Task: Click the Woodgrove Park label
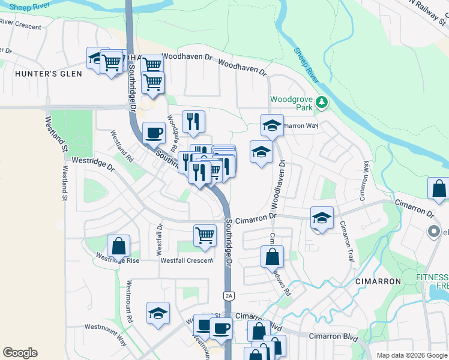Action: (x=292, y=103)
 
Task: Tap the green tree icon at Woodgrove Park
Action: (x=322, y=103)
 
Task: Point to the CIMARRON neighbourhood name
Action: (x=378, y=281)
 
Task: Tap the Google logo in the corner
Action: (x=20, y=353)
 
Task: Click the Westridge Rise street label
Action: (x=118, y=260)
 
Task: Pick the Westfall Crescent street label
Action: (x=186, y=260)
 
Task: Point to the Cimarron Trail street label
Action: (x=348, y=240)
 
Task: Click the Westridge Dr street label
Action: (x=92, y=162)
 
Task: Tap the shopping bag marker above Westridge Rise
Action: (x=118, y=245)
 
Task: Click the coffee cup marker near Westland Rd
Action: (x=154, y=132)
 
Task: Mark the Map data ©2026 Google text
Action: (x=411, y=355)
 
